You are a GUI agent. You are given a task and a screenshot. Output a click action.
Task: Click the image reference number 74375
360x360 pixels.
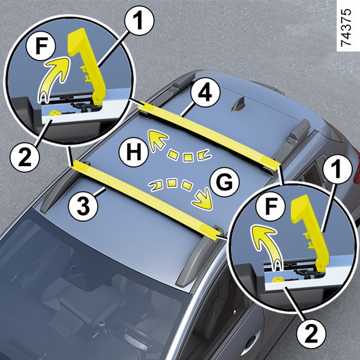(346, 28)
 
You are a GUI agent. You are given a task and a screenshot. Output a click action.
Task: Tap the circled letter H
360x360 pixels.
(134, 152)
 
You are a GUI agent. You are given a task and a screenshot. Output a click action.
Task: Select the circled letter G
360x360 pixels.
(224, 182)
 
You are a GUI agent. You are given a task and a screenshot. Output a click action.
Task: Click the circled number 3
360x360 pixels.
(83, 206)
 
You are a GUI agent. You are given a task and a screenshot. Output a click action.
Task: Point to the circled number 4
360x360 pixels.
(205, 92)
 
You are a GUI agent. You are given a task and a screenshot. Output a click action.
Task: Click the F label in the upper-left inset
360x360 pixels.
(41, 46)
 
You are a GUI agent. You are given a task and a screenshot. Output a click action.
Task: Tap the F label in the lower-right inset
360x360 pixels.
(271, 206)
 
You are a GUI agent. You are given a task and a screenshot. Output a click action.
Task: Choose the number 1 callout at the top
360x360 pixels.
(139, 20)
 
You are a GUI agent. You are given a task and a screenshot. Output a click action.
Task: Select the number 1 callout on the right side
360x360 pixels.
(337, 169)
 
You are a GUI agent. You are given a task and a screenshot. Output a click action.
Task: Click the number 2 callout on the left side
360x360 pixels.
(25, 157)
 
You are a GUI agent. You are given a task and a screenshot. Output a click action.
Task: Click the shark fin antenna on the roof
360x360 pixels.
(239, 104)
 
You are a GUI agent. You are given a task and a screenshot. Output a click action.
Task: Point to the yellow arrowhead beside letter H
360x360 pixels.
(158, 140)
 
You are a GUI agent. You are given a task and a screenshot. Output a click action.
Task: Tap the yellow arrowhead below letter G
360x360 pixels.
(203, 200)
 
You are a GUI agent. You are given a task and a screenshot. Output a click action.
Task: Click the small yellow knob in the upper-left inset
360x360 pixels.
(55, 113)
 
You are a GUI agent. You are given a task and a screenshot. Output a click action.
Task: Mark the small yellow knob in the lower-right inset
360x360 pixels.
(277, 280)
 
